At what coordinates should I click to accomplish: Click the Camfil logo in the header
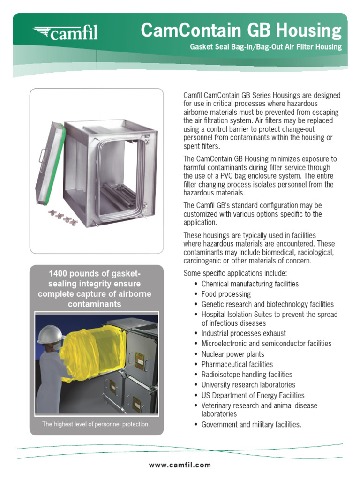65,33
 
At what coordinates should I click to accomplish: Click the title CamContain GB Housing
241,30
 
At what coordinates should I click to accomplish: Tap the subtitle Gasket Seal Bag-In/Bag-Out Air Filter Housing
265,47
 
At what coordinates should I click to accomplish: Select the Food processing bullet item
226,294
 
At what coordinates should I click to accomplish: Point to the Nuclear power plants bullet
232,354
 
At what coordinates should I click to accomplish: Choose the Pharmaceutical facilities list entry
237,364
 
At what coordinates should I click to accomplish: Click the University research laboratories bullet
248,385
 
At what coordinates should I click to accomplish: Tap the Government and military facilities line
251,425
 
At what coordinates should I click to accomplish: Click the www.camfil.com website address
180,465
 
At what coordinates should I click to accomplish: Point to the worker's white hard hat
51,334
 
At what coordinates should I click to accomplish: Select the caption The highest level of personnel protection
96,424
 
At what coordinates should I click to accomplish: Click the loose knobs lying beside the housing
63,217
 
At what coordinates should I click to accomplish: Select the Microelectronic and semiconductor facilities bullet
266,344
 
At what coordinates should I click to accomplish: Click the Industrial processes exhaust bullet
243,333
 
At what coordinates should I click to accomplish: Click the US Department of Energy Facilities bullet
253,395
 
